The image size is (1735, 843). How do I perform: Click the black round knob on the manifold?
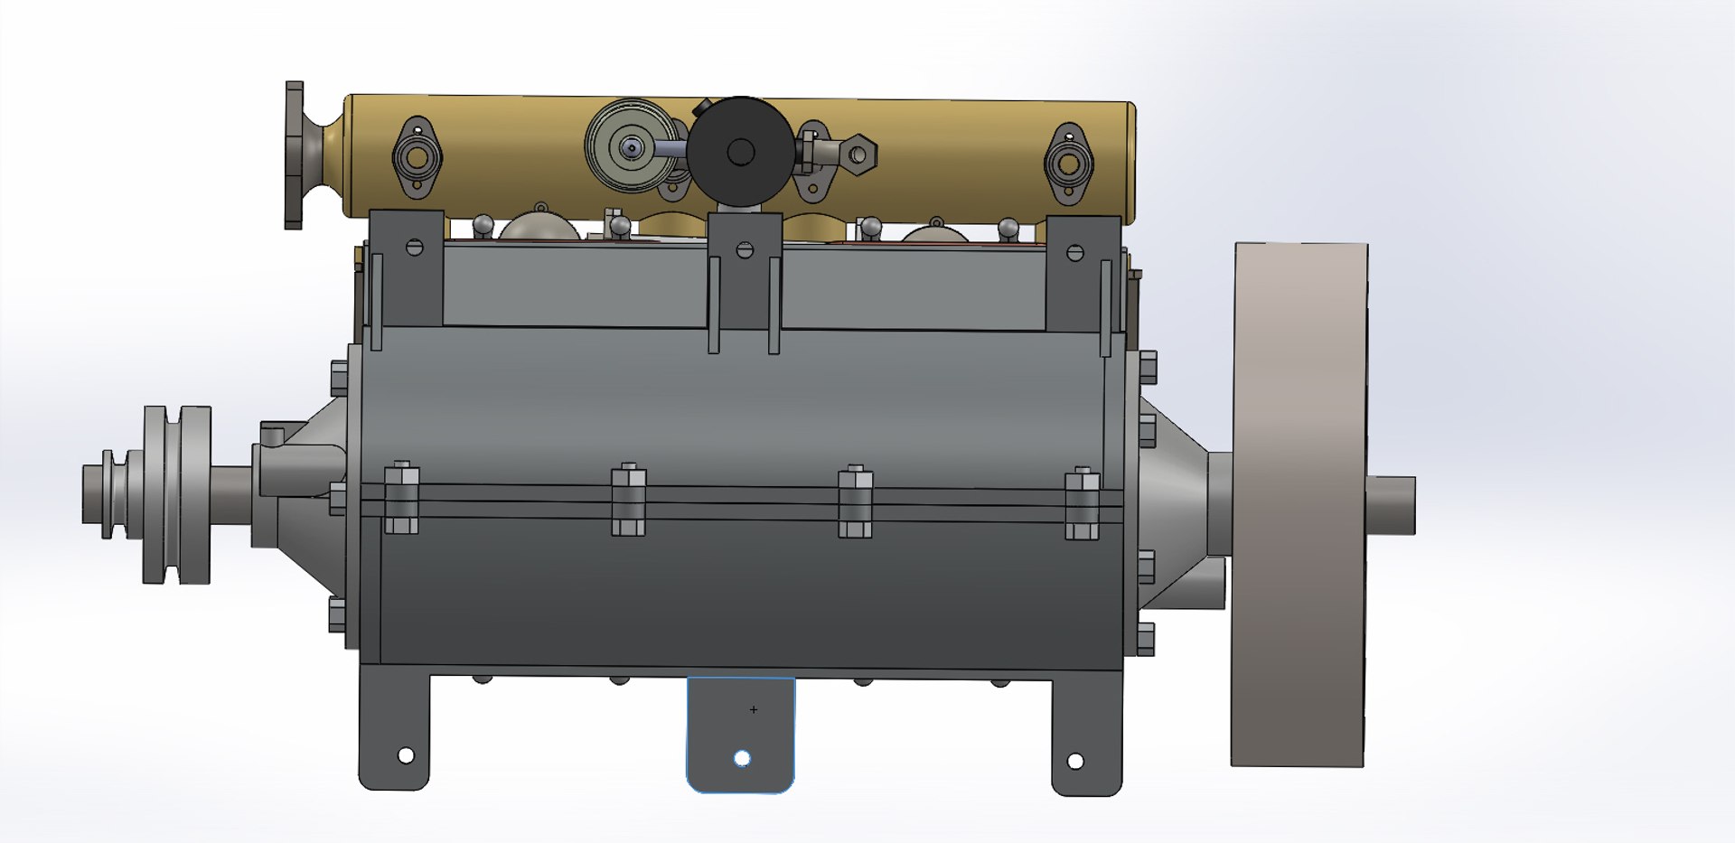tap(740, 152)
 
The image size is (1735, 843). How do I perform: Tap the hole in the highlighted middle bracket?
tap(742, 759)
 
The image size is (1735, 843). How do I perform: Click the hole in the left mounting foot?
tap(406, 755)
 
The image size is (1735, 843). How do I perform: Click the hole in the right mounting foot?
tap(1075, 762)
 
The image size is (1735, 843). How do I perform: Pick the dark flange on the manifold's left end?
tap(295, 155)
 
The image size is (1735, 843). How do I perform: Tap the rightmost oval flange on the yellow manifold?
tap(1068, 164)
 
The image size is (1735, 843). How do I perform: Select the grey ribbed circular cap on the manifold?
tap(631, 146)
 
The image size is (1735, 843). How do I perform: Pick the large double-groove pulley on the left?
tap(177, 494)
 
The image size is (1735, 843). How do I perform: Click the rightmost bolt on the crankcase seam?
tap(1082, 503)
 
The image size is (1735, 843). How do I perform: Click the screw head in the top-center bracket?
tap(745, 250)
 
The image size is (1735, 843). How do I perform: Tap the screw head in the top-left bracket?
tap(414, 246)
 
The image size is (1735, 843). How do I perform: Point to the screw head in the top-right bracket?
tap(1075, 253)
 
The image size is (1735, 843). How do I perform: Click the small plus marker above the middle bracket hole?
tap(754, 710)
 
